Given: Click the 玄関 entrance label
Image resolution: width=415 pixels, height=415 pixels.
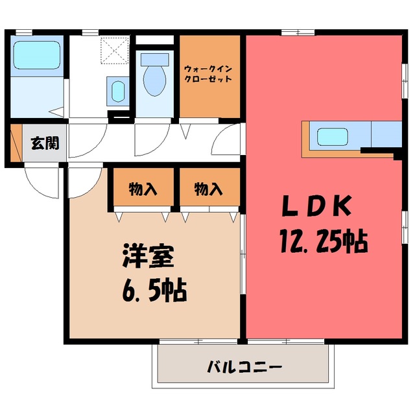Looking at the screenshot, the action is pyautogui.click(x=45, y=143).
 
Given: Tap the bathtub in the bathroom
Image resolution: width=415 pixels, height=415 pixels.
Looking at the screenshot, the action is pyautogui.click(x=37, y=55).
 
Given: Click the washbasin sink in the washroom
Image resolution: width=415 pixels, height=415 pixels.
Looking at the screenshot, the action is pyautogui.click(x=118, y=91).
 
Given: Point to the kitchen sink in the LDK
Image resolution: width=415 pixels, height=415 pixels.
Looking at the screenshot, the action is pyautogui.click(x=332, y=137).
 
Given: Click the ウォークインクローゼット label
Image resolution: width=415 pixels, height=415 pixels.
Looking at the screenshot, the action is pyautogui.click(x=208, y=74).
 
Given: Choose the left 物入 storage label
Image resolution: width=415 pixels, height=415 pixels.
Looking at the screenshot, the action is pyautogui.click(x=143, y=189).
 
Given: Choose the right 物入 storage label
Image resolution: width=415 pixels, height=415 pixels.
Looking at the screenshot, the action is pyautogui.click(x=208, y=189).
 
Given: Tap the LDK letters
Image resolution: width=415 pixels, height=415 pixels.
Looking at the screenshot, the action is pyautogui.click(x=317, y=206).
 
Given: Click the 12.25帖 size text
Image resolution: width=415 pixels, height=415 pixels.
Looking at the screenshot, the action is pyautogui.click(x=324, y=241).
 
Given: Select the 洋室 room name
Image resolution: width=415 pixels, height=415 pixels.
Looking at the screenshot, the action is pyautogui.click(x=148, y=257).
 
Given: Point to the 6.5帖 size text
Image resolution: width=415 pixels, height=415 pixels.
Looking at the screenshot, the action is pyautogui.click(x=155, y=290).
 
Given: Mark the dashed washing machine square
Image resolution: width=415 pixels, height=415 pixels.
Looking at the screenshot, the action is pyautogui.click(x=115, y=51).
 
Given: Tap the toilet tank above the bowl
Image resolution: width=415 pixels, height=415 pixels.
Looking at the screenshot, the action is pyautogui.click(x=155, y=60).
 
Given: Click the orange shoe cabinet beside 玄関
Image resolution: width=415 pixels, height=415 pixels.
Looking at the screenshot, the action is pyautogui.click(x=16, y=143).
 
